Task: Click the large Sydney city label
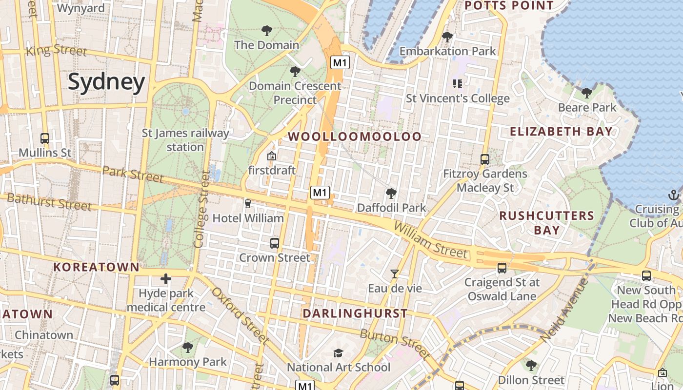[106, 82]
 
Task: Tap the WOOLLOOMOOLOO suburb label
[355, 136]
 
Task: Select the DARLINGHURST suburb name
[355, 313]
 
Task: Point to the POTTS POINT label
[509, 6]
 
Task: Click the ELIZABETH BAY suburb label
[561, 131]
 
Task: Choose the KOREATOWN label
[97, 267]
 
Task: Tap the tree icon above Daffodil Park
[391, 194]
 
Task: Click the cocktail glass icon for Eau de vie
[395, 274]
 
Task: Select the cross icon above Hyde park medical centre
[166, 279]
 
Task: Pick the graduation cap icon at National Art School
[338, 353]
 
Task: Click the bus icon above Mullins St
[45, 138]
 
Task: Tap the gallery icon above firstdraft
[272, 156]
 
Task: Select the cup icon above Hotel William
[247, 204]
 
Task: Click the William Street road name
[430, 240]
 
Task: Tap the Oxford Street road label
[240, 315]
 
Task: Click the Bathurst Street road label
[49, 202]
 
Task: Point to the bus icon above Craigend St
[502, 268]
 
